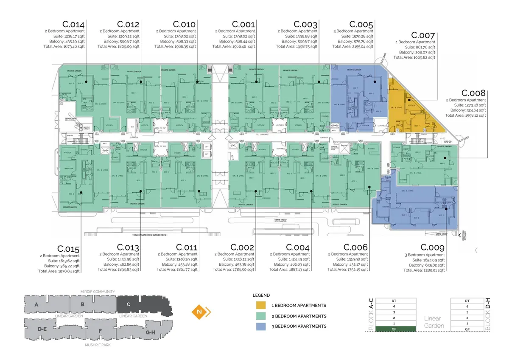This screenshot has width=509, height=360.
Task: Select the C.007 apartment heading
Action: (423, 36)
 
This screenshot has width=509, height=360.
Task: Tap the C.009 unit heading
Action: (432, 247)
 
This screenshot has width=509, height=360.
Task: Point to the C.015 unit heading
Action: (68, 249)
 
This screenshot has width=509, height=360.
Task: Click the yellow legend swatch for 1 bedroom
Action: (260, 306)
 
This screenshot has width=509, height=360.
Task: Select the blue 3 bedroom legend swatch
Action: (260, 326)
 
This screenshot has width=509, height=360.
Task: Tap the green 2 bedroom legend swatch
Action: (260, 316)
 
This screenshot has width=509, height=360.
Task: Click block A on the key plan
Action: (36, 304)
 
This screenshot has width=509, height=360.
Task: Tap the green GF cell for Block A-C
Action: (394, 329)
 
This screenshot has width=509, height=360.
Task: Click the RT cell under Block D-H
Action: (467, 301)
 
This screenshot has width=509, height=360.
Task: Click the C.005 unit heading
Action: (361, 25)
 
